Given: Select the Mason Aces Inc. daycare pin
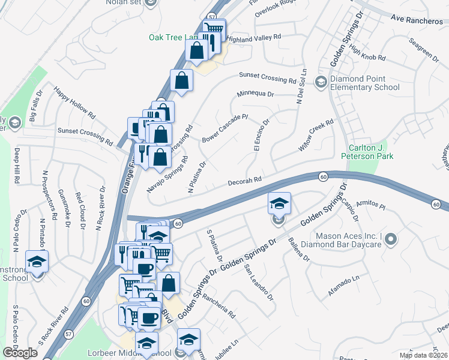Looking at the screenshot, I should [391, 241].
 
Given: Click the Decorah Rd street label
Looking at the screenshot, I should [245, 181].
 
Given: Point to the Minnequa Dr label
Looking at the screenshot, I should [255, 94].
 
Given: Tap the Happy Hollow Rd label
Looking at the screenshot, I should [74, 102].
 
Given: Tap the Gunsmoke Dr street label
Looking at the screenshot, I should [63, 208].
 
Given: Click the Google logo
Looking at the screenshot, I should [20, 353].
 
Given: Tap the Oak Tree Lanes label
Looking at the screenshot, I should [173, 37].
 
